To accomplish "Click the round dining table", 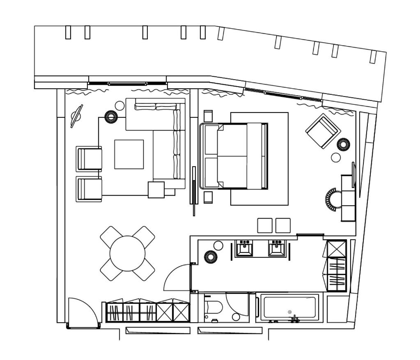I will click(127, 253).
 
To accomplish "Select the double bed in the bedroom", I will click(234, 156).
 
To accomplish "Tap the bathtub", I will click(290, 307).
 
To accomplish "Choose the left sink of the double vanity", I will click(244, 248).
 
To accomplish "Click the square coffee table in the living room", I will click(129, 154).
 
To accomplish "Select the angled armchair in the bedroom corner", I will click(323, 131).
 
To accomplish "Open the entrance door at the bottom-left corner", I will click(82, 314).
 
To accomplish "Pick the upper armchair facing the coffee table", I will click(89, 159).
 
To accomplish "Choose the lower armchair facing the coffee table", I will click(89, 189).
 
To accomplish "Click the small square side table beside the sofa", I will click(156, 190).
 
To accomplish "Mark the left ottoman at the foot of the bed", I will click(265, 225).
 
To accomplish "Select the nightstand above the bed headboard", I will click(208, 116).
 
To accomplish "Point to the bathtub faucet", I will click(294, 319).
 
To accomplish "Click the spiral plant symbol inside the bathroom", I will click(211, 257).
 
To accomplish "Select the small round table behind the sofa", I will click(119, 106).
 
